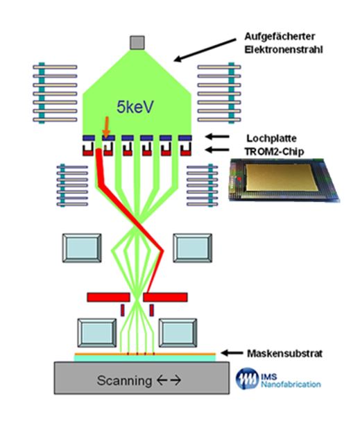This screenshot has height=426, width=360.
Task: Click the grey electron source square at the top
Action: pyautogui.click(x=137, y=42)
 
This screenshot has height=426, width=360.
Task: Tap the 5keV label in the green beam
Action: pyautogui.click(x=135, y=107)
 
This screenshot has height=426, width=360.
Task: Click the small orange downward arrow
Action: pyautogui.click(x=107, y=127)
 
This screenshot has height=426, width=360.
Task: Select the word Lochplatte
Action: pyautogui.click(x=271, y=138)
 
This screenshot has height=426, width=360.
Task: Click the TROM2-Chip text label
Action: pyautogui.click(x=274, y=151)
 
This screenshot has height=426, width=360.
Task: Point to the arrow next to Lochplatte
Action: pyautogui.click(x=217, y=137)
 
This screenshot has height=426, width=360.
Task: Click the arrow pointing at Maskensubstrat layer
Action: pyautogui.click(x=232, y=353)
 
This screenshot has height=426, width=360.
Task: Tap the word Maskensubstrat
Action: pyautogui.click(x=284, y=353)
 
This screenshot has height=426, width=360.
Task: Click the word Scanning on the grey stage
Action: pyautogui.click(x=124, y=380)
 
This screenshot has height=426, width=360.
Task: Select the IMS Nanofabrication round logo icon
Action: pyautogui.click(x=247, y=378)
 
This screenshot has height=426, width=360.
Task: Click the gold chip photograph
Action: pyautogui.click(x=284, y=180)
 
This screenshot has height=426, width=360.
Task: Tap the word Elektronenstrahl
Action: pyautogui.click(x=284, y=50)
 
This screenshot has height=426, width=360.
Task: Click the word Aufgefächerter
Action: pyautogui.click(x=280, y=37)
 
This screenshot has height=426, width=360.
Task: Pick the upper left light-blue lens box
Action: pyautogui.click(x=82, y=248)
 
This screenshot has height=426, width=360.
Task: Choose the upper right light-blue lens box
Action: pyautogui.click(x=193, y=248)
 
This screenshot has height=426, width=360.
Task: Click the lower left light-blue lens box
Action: pyautogui.click(x=97, y=333)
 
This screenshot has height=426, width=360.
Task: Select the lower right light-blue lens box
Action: pyautogui.click(x=178, y=333)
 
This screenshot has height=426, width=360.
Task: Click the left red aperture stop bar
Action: pyautogui.click(x=108, y=297)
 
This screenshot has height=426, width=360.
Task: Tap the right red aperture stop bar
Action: pyautogui.click(x=166, y=297)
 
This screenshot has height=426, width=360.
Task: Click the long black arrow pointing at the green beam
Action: pyautogui.click(x=205, y=50)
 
